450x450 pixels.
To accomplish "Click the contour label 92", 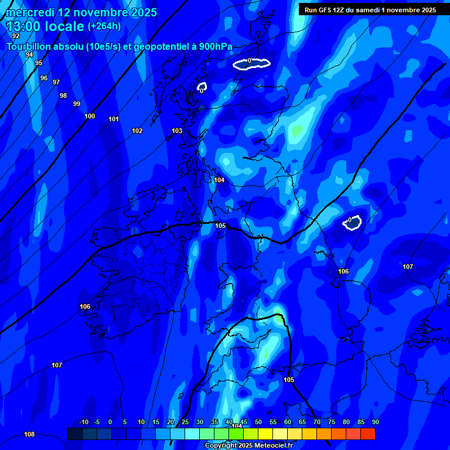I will [16, 36].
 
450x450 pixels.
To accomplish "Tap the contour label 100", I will [90, 116].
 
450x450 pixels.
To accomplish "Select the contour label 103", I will [177, 131].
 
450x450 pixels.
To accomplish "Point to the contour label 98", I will [63, 96].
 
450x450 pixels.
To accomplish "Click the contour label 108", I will [29, 434].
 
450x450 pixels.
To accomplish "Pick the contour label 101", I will [114, 119].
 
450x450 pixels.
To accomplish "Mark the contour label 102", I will [137, 131].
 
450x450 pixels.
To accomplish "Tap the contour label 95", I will [39, 63].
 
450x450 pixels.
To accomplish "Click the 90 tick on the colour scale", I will [375, 422].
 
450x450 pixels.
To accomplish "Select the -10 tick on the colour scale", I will [84, 422].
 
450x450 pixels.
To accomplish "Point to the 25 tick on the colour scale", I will [185, 422].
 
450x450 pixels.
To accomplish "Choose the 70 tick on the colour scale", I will [317, 422].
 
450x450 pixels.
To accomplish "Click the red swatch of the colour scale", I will [368, 434].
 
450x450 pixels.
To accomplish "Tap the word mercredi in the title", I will [30, 12].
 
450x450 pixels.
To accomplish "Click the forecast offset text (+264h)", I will [104, 26].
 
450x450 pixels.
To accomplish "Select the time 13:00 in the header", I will [24, 26].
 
